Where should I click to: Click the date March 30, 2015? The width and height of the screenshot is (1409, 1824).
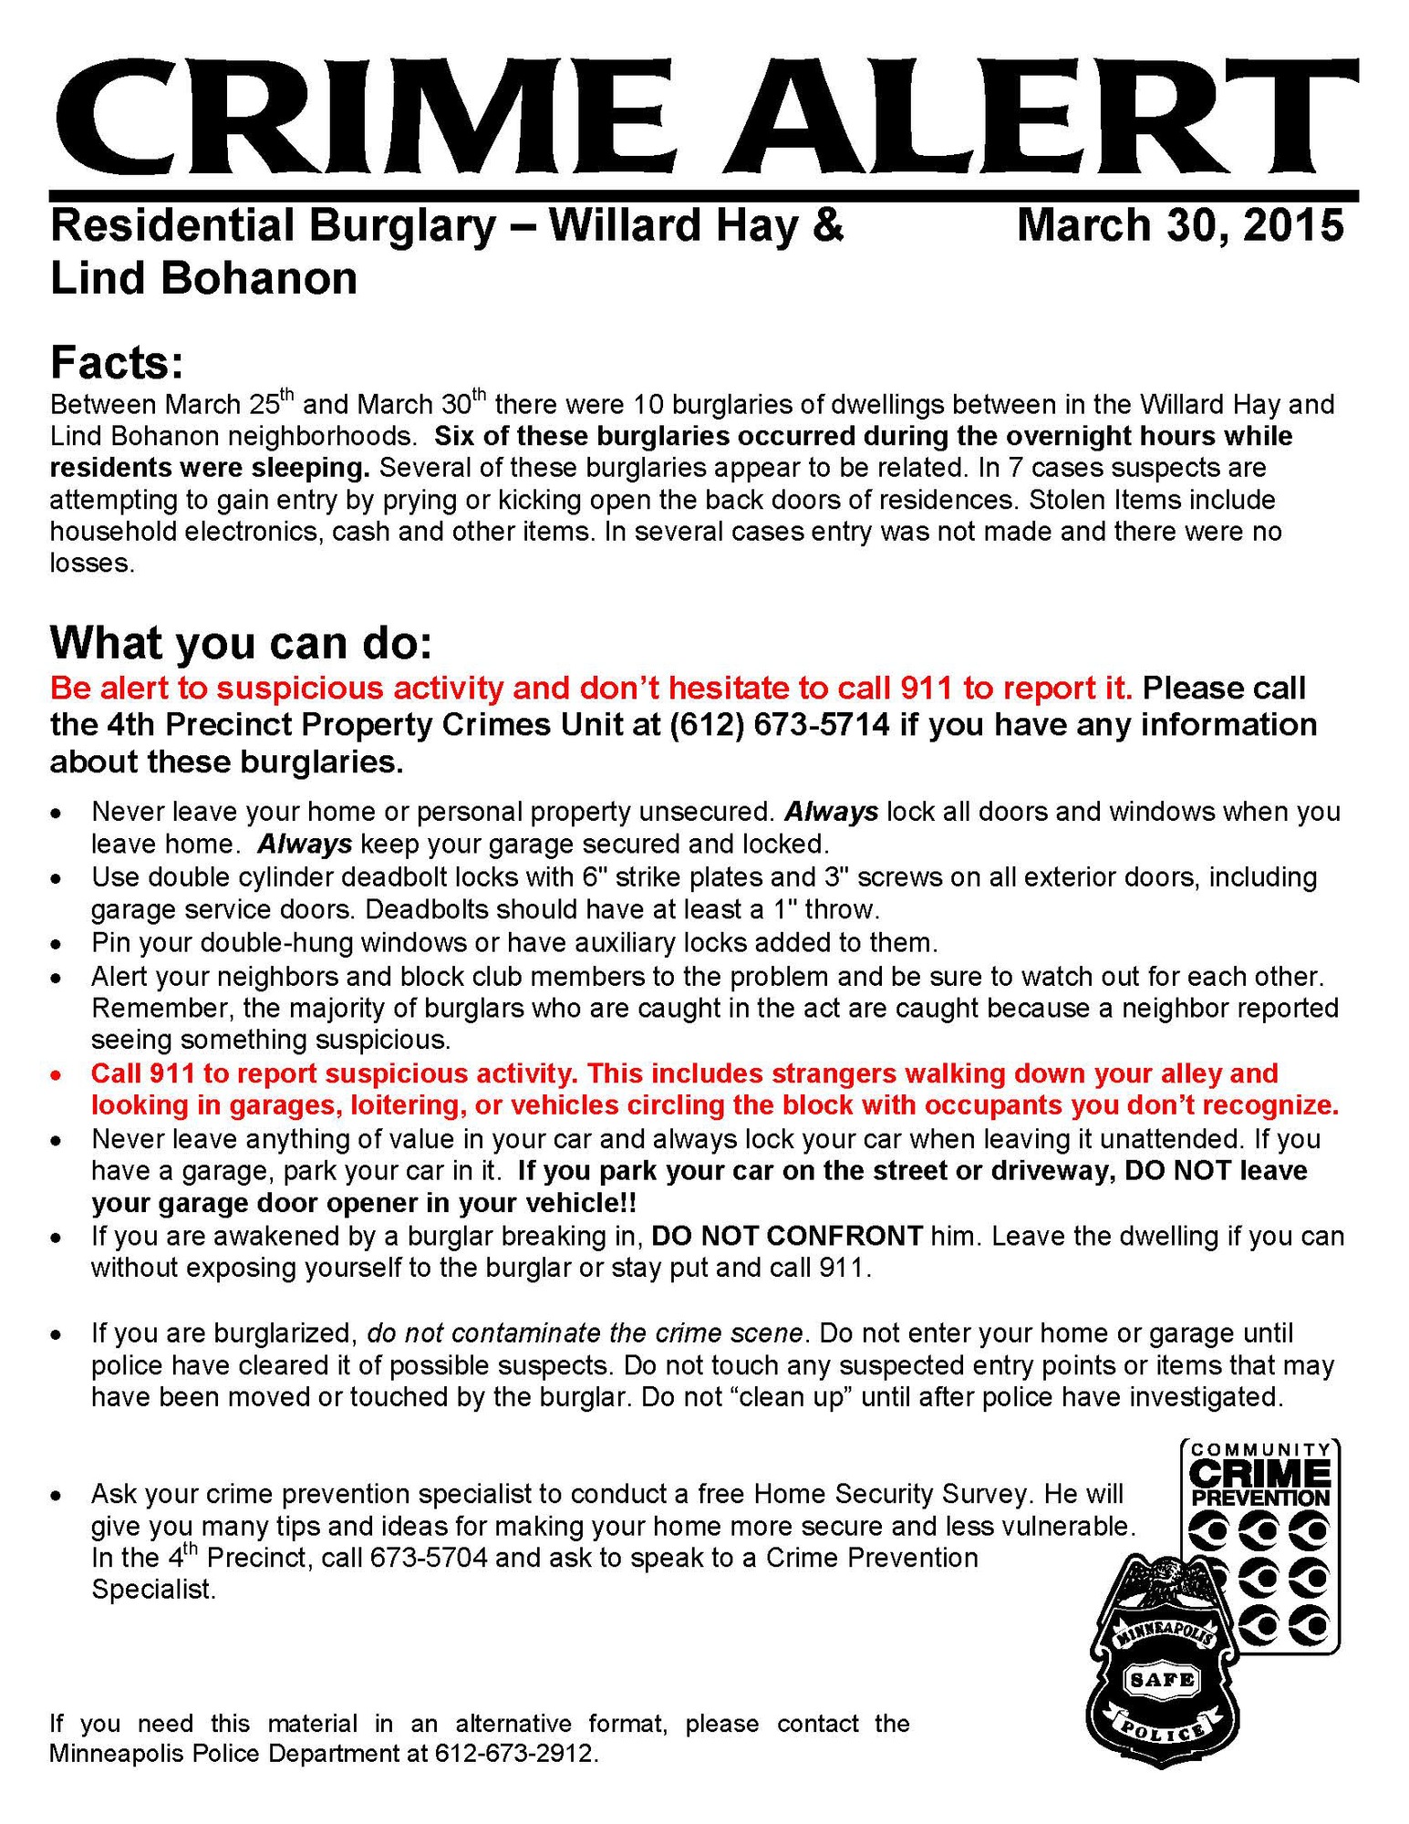click(x=1179, y=225)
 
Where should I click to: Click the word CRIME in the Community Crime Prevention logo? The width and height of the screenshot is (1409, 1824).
click(x=1259, y=1474)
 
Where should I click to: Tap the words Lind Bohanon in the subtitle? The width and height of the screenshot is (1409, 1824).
click(x=203, y=279)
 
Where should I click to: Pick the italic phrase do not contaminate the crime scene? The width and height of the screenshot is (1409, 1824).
click(x=585, y=1333)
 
